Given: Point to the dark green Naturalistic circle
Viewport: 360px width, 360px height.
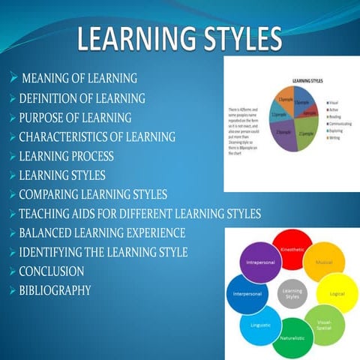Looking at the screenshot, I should [x=292, y=339].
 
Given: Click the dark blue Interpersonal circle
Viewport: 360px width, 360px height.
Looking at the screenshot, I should [x=247, y=294].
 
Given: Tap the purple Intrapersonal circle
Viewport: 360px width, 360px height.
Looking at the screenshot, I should [x=259, y=263].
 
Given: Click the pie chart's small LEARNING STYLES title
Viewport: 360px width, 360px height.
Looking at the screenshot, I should [x=302, y=80].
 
